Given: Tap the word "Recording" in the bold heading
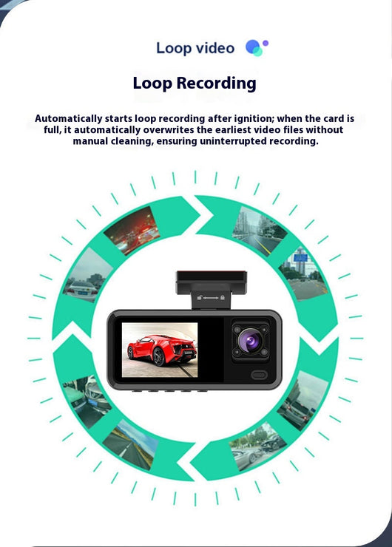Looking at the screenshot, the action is point(217,84).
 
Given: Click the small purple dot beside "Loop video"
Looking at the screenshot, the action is point(266,43).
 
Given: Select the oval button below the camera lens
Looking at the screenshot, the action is point(259,375).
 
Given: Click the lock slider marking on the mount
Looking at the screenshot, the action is point(211,298).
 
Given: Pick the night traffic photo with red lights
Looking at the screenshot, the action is point(132,230).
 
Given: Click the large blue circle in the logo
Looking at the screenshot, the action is point(253,47).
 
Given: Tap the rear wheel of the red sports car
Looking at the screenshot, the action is point(159,356).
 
